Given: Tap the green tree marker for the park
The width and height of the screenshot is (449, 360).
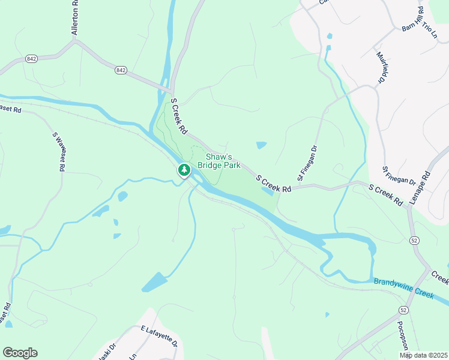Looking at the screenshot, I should tap(184, 170).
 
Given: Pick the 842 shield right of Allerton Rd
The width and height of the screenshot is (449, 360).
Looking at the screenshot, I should tap(121, 70).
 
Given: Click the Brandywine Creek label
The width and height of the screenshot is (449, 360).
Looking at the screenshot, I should tap(403, 289).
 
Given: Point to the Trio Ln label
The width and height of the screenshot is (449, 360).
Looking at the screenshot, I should tap(430, 28).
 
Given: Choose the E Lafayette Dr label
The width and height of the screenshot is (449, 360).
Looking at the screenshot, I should tap(159, 336).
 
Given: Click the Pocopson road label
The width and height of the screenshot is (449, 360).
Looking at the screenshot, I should tap(402, 338).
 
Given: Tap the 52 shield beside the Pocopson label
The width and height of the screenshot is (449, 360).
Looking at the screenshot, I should tap(402, 309).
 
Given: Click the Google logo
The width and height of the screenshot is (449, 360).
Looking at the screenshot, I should tap(20, 353).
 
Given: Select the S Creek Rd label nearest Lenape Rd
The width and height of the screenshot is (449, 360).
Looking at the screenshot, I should tap(385, 196).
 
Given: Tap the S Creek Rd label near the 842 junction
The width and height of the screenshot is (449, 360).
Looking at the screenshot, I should tap(179, 116).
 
